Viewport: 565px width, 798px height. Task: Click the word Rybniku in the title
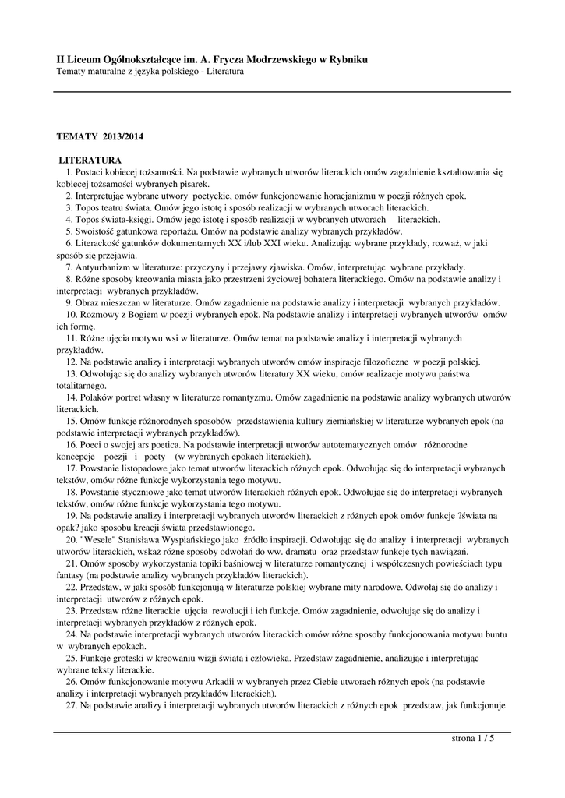(344, 59)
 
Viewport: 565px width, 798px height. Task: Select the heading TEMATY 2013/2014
(101, 136)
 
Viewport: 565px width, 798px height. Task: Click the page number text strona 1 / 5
(473, 739)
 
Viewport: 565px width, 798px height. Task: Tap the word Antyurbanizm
(106, 267)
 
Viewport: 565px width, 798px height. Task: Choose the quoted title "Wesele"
(92, 539)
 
